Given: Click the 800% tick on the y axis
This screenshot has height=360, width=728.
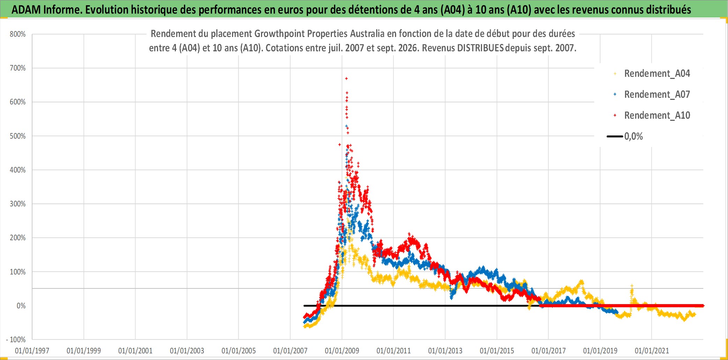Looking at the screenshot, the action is (x=18, y=34).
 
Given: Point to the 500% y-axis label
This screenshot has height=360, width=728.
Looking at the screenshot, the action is (x=18, y=136).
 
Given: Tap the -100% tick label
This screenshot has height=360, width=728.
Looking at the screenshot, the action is (x=16, y=340).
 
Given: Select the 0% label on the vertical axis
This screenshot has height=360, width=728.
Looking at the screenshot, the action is (x=21, y=306).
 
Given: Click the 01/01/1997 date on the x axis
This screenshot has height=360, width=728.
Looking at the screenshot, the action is (x=32, y=351).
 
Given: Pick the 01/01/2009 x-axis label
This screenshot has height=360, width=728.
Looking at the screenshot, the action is (x=342, y=351).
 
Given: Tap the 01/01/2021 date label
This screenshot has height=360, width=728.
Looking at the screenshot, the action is (x=652, y=351).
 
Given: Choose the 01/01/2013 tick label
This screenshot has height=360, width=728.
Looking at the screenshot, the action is (x=445, y=351).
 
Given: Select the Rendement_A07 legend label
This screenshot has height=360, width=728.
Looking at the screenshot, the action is (x=657, y=95).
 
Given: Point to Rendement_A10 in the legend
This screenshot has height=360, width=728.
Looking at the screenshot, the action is (x=657, y=116).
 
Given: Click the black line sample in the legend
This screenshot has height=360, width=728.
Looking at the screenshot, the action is (x=615, y=137).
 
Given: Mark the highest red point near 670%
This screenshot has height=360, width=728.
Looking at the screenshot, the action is (x=346, y=79).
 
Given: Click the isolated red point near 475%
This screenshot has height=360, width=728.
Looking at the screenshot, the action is (x=340, y=145).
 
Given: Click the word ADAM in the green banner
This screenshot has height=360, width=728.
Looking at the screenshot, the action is (x=26, y=10).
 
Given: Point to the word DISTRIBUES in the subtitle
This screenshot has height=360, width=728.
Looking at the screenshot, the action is (x=480, y=48).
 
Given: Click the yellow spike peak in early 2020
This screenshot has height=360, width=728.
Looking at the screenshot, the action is (x=632, y=286).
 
